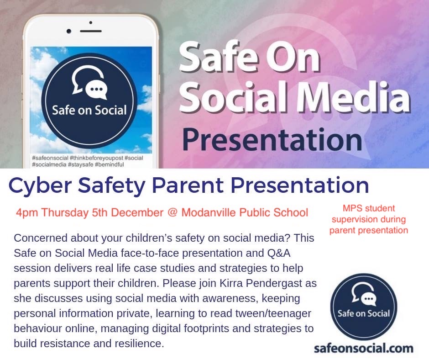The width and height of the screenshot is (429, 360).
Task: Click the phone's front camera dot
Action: [x=69, y=32]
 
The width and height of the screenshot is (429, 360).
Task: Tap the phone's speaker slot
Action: [x=90, y=31]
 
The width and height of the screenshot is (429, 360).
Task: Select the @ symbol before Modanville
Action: [x=173, y=213]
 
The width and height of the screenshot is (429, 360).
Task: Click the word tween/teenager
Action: [x=268, y=313]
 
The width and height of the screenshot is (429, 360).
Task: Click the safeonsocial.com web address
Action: [x=364, y=349]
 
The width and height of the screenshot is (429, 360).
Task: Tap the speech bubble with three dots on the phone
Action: [x=96, y=90]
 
